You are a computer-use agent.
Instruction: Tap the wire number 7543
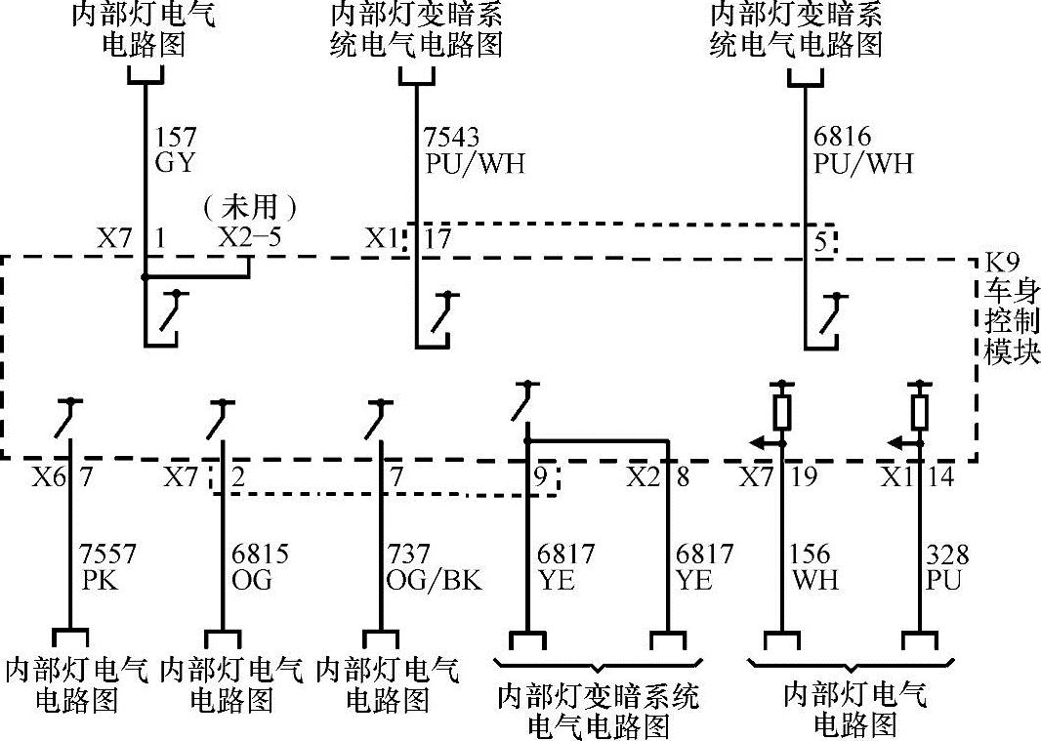452,137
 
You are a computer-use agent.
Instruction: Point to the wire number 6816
842,137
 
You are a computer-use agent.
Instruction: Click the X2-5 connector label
250,237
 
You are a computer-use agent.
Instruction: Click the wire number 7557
108,555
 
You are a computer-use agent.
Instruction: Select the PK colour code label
99,580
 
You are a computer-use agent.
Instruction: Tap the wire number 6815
261,555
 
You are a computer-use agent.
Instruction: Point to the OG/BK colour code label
431,580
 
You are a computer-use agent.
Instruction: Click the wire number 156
811,555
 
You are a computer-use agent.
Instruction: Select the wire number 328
947,555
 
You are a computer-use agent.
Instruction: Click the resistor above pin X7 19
781,411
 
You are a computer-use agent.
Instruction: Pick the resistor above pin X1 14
918,411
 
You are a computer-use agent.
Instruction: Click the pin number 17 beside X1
438,238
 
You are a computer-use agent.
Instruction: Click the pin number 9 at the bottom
540,478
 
